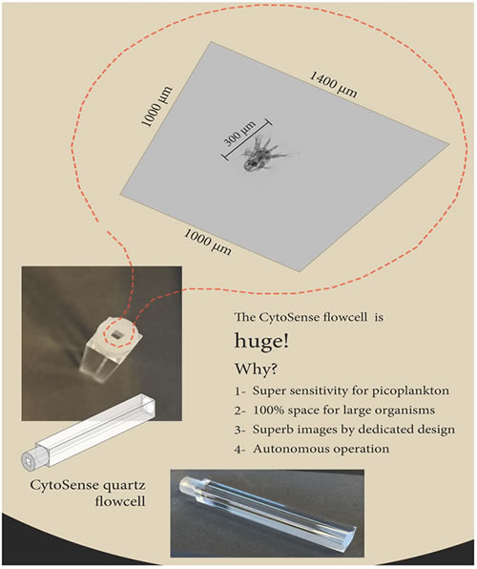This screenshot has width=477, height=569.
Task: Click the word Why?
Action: (257, 369)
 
